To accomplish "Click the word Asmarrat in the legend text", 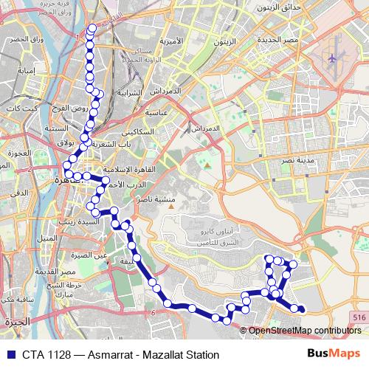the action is (117, 354).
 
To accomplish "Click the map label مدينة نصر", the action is (303, 160).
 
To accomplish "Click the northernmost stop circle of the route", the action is (92, 29).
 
